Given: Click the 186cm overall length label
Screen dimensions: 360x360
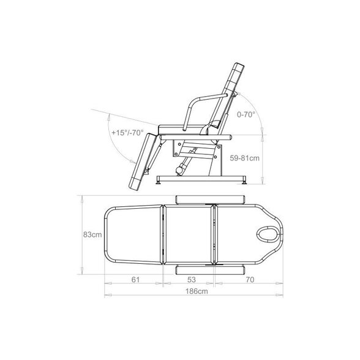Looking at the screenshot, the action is point(197,291).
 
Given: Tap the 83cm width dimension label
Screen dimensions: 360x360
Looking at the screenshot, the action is point(92,234).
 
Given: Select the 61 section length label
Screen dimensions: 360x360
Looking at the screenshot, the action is point(135,280).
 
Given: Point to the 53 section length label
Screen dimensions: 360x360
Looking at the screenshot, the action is point(192,280).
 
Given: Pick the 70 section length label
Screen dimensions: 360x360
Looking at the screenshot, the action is point(250,280).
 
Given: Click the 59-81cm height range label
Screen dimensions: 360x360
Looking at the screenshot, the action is point(245,158).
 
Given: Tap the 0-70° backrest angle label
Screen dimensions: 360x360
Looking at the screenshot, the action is point(246,114).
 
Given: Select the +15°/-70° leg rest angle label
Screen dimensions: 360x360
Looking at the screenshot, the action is point(127,132).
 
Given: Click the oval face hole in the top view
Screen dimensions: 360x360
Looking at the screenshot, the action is point(267,234).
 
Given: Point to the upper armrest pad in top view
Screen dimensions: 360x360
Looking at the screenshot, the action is point(210,200).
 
